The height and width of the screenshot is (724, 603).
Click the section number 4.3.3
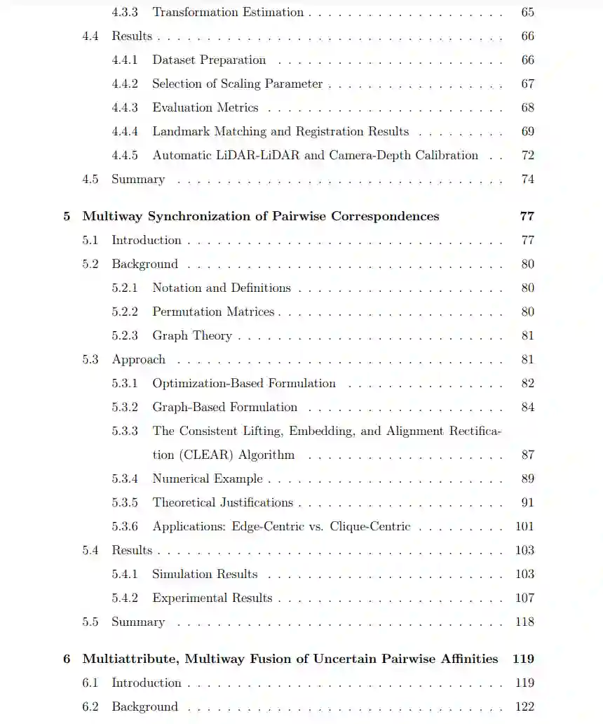point(125,12)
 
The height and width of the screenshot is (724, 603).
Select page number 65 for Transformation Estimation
point(527,12)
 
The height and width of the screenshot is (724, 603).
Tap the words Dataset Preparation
point(209,60)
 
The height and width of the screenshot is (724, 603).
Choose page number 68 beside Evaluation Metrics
point(527,107)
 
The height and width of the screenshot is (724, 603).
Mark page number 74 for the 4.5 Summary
point(527,179)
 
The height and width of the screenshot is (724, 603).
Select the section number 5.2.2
point(125,311)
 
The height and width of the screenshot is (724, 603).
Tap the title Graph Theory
point(192,335)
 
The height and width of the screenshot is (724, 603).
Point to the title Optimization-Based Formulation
point(244,383)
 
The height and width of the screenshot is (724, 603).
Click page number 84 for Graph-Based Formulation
point(527,407)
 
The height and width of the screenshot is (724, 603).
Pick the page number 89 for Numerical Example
point(527,478)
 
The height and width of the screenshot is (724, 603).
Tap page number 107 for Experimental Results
point(524,598)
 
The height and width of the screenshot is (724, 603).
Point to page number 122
point(524,706)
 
